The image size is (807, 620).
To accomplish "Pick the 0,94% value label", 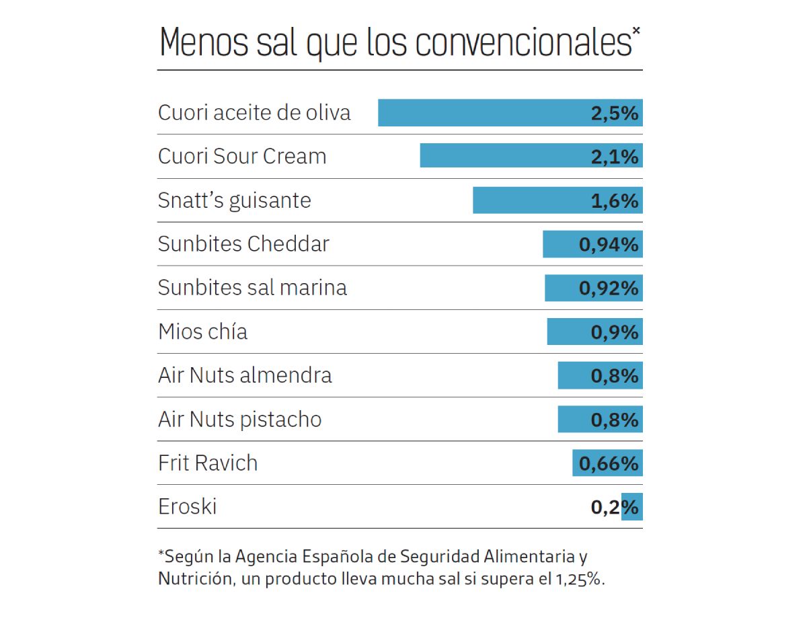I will point(609,245).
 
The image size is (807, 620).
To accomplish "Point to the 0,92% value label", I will point(609,288).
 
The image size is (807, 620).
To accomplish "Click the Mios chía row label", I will point(202,332).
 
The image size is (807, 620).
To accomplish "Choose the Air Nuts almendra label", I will point(245,375).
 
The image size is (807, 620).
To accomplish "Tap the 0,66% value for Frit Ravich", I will point(609,463).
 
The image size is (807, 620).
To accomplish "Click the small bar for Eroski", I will point(632,507).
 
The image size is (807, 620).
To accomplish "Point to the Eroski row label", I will point(187,506).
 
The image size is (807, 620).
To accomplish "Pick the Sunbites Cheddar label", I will point(243,244).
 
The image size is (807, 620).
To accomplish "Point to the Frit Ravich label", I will point(208,463).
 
